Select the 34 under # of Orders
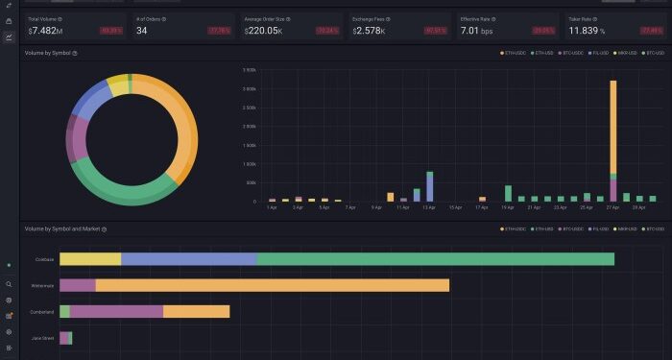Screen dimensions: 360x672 tap(142, 31)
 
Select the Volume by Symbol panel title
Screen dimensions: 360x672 tap(47, 53)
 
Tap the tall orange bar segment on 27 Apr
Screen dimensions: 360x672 tap(612, 125)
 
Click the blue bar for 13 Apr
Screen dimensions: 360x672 tap(429, 187)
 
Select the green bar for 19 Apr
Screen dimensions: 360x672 tap(508, 193)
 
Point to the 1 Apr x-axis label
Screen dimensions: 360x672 tap(273, 207)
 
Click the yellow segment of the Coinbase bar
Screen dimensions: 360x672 tap(90, 259)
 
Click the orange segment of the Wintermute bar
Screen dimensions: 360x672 tap(272, 285)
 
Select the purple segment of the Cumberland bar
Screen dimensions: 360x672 tap(116, 311)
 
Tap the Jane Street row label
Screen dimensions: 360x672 tap(42, 338)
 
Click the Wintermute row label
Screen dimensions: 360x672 tap(43, 285)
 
